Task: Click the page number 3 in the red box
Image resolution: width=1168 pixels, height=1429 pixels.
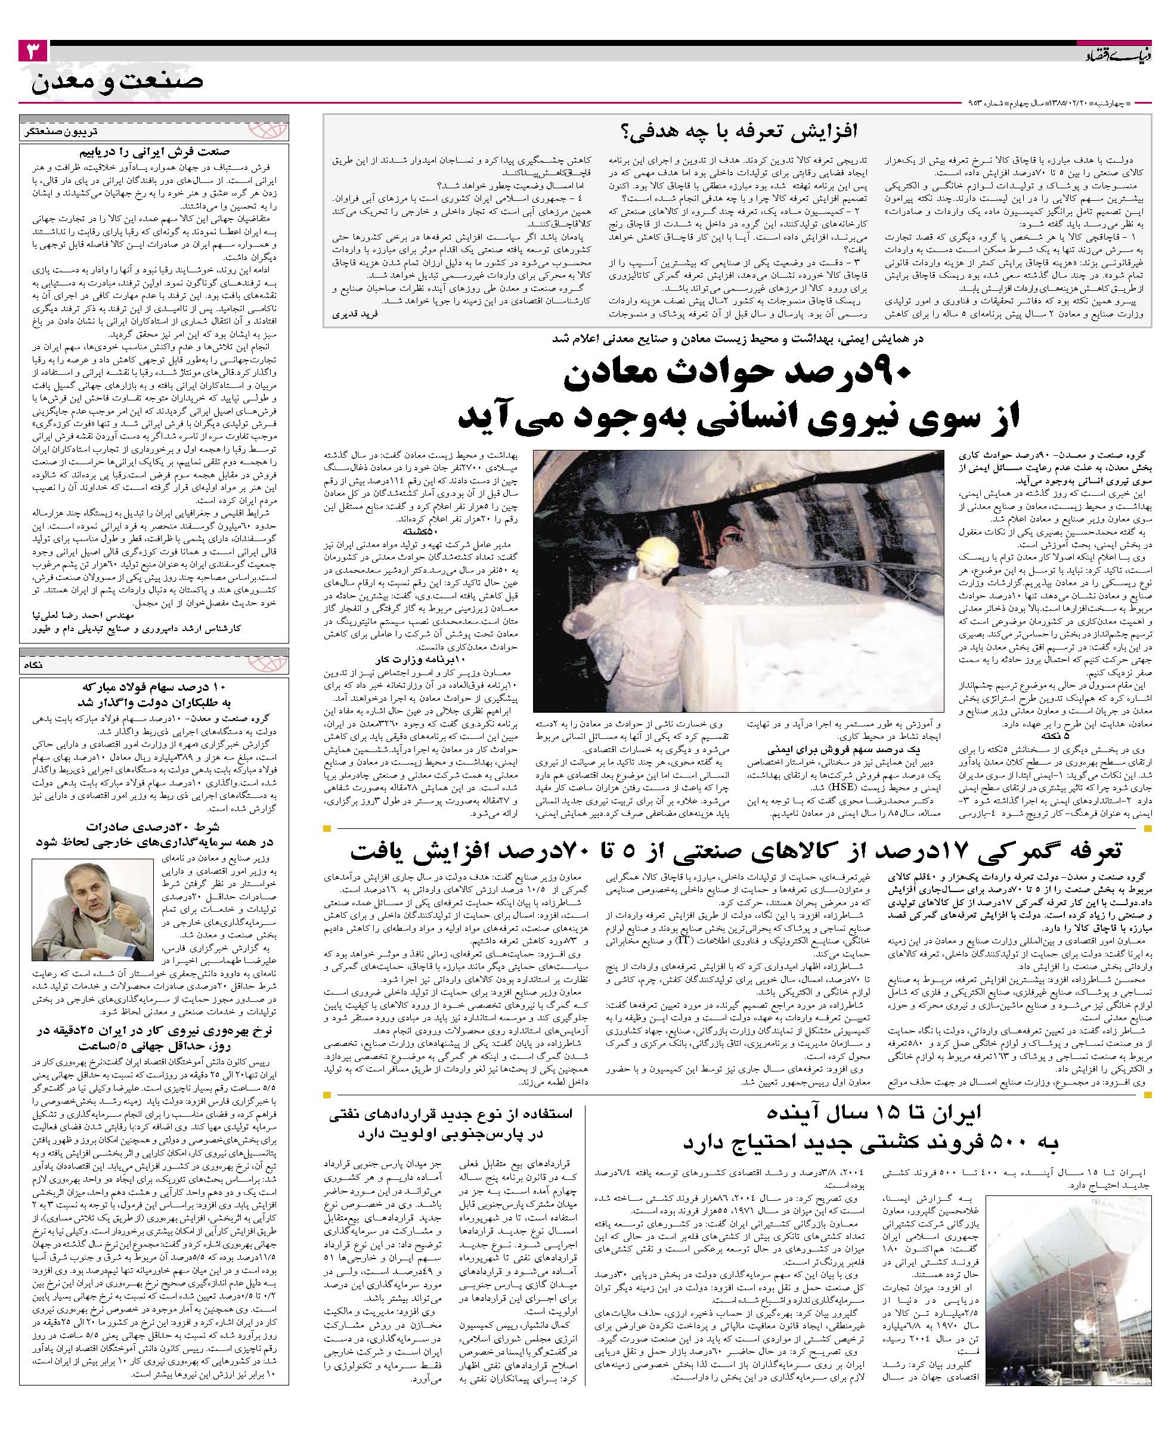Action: click(x=32, y=52)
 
